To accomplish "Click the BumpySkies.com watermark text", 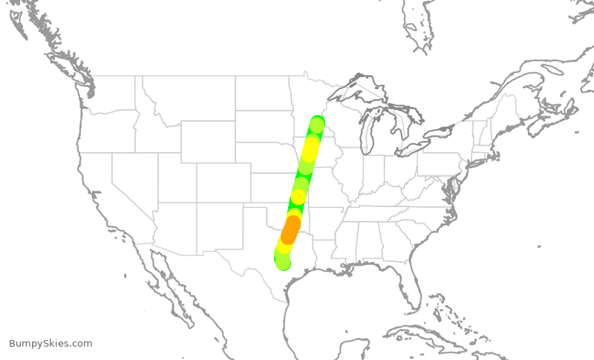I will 50,344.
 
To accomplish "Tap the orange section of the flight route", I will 290,229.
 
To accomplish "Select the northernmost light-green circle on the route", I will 317,125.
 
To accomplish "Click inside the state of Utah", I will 177,178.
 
